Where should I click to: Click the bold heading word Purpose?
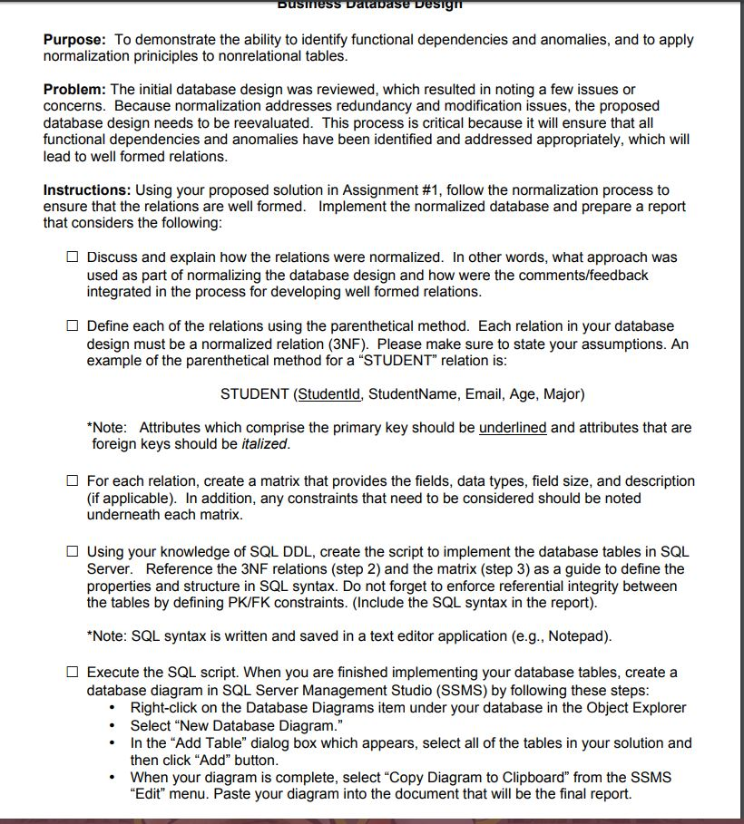click(74, 40)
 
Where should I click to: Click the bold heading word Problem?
click(74, 90)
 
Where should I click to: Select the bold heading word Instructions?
click(87, 190)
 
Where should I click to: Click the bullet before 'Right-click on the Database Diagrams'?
click(112, 708)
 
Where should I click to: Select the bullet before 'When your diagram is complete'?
click(112, 778)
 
